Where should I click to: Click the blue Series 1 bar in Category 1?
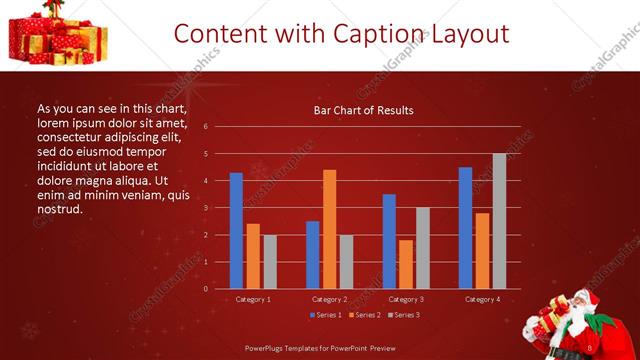click(x=236, y=231)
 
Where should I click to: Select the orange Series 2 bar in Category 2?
click(x=329, y=229)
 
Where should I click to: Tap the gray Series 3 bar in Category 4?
click(x=499, y=221)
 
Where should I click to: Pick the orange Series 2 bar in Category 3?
click(x=405, y=264)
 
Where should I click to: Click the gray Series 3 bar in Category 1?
click(x=270, y=262)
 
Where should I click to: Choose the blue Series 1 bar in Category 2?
click(x=312, y=255)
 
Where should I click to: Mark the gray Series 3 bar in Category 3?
click(x=422, y=248)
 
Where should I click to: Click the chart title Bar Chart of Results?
click(x=363, y=111)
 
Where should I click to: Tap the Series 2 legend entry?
click(x=364, y=315)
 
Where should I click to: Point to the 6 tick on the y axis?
click(x=205, y=127)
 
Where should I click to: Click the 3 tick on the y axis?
click(x=205, y=208)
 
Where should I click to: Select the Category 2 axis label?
click(x=329, y=299)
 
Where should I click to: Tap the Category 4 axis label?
click(x=482, y=299)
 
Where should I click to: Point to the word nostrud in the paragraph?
click(x=59, y=209)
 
